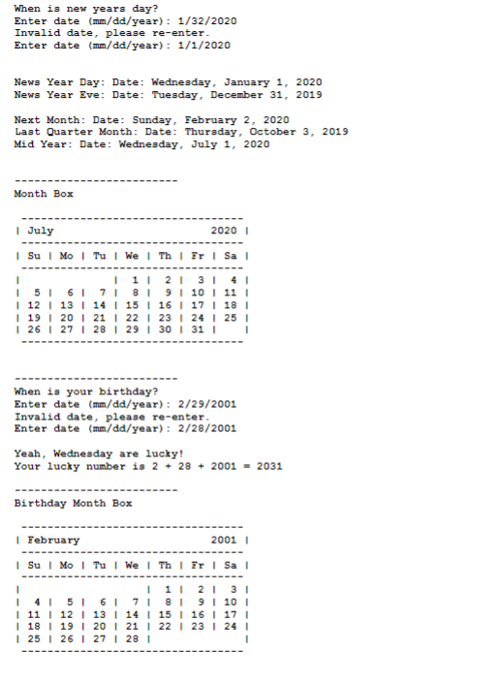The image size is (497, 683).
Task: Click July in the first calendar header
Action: pos(41,231)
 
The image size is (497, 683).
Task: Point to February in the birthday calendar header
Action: pos(53,540)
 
